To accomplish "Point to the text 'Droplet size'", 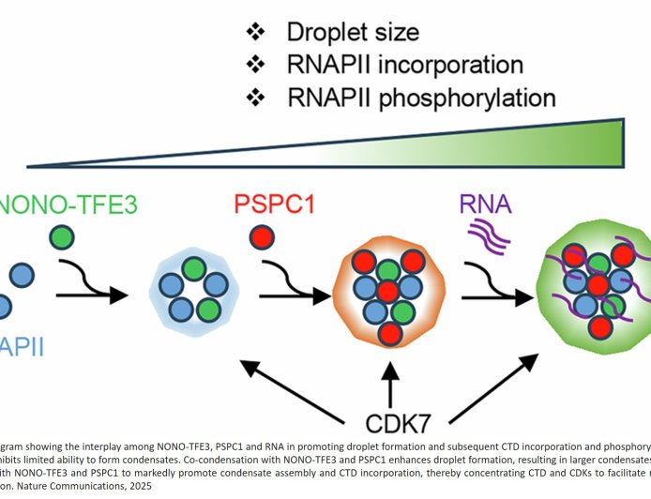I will click(x=352, y=33).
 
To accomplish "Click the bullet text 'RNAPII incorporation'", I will click(x=404, y=65).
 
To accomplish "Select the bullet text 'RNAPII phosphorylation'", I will click(x=419, y=97).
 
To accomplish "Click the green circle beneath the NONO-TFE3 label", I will click(x=63, y=238).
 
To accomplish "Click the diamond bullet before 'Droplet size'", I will click(x=255, y=33).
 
